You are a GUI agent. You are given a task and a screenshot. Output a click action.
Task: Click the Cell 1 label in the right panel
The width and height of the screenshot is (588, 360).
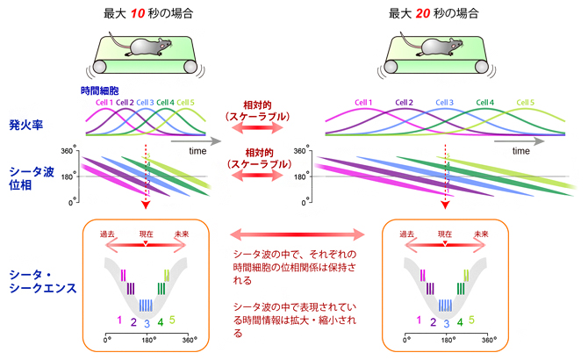pyautogui.click(x=364, y=103)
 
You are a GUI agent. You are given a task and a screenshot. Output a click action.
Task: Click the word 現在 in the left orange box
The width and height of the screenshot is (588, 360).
pyautogui.click(x=147, y=234)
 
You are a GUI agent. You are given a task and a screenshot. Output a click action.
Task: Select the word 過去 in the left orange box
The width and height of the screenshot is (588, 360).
pyautogui.click(x=108, y=234)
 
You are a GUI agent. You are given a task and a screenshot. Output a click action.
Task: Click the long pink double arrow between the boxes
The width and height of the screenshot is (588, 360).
pyautogui.click(x=298, y=234)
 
